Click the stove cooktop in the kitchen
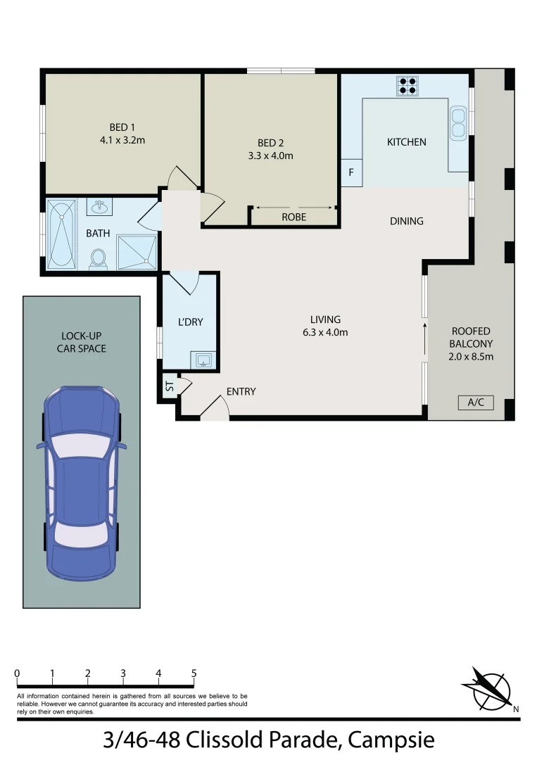pos(407,85)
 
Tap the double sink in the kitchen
pos(458,122)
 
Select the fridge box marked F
pos(351,172)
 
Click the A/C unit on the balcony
pos(476,403)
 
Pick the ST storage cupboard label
pos(170,386)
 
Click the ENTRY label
pos(241,391)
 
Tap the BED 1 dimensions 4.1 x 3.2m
pos(122,140)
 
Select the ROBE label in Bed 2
pos(293,217)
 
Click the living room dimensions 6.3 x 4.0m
pos(325,333)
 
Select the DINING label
pos(406,221)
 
